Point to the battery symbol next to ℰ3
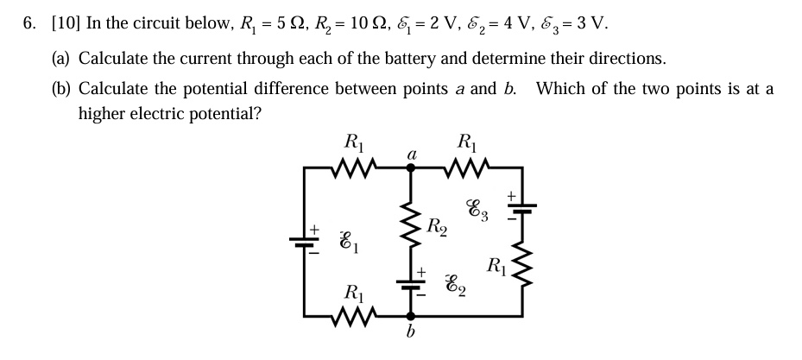click(x=521, y=207)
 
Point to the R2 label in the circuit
click(x=438, y=228)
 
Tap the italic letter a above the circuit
click(x=411, y=153)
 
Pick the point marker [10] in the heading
click(x=66, y=23)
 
